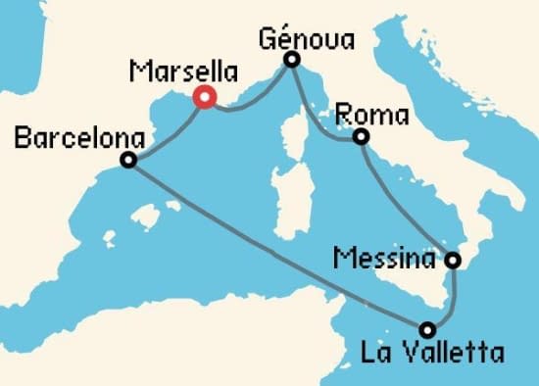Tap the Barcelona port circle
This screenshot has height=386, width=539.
127,161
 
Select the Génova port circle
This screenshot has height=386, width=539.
291,61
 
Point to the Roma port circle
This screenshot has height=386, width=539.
361,137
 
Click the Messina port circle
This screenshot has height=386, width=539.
453,261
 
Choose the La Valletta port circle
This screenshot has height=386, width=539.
427,329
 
